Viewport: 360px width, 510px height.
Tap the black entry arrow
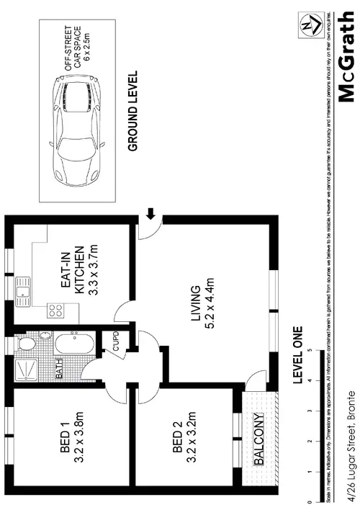[150, 213]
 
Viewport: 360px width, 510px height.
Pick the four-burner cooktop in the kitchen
[55, 310]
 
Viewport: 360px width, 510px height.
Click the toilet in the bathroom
[26, 345]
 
